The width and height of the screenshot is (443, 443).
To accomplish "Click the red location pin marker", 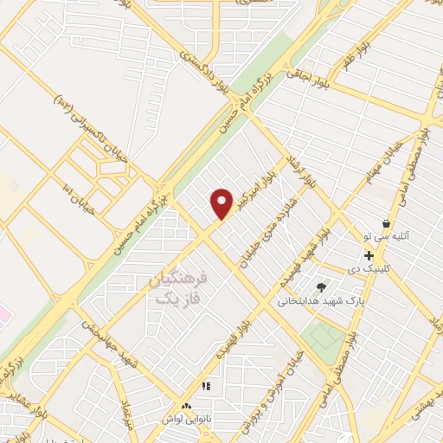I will [222, 204].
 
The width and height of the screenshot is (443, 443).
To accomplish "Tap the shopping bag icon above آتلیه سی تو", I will [386, 223].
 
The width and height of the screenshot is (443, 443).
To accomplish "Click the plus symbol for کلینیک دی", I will [369, 255].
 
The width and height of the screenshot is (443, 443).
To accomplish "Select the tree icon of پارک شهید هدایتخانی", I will [322, 286].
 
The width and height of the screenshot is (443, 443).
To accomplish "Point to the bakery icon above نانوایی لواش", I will [185, 405].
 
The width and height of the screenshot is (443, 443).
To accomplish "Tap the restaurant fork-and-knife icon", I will [206, 386].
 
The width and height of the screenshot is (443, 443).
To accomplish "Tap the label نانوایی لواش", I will [183, 418].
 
